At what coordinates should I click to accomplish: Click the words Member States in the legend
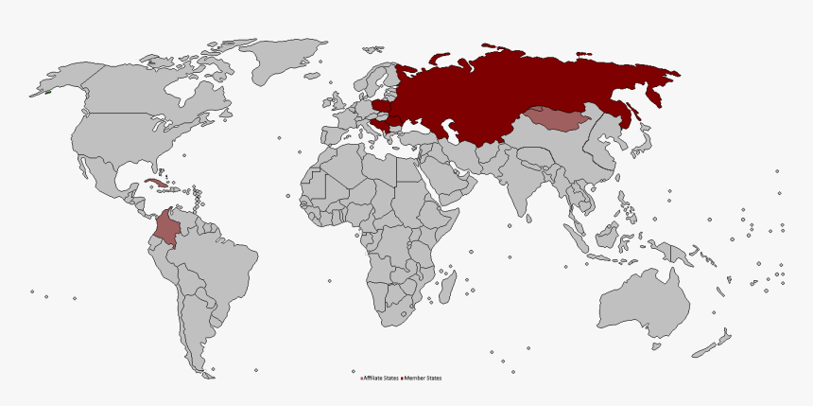click(x=423, y=379)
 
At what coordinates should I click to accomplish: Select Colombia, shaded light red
click(x=170, y=230)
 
